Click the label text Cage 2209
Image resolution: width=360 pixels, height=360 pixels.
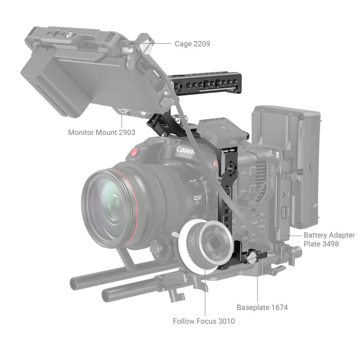[192, 44]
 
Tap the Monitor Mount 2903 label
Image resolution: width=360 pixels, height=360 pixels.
[102, 132]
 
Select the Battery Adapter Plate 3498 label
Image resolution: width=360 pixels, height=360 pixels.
[329, 239]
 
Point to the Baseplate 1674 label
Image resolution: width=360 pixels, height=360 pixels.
[262, 307]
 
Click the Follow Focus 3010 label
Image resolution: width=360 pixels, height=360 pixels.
[204, 321]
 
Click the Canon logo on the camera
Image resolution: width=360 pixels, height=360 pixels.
[185, 149]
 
